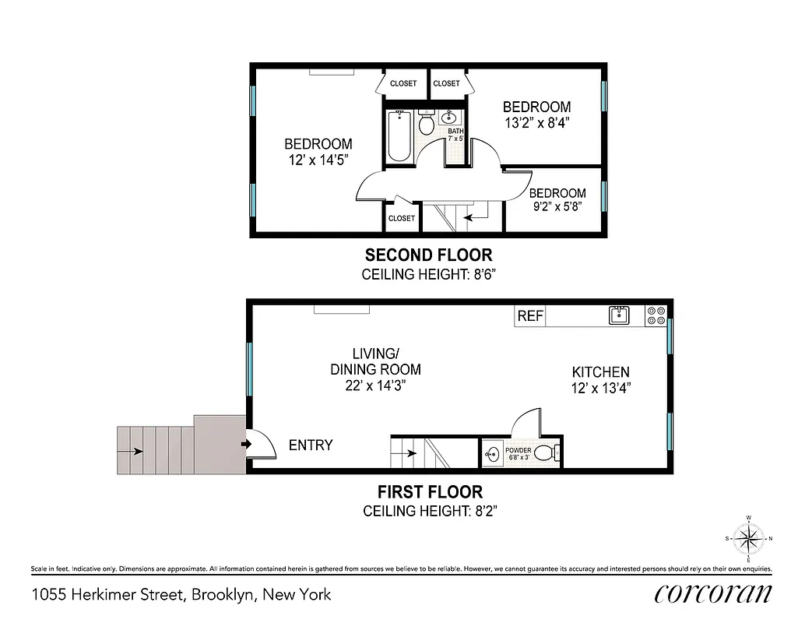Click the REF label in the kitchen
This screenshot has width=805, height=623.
530,316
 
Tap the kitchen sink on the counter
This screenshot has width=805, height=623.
619,315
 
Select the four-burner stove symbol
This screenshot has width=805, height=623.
656,315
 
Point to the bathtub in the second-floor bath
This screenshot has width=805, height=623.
399,136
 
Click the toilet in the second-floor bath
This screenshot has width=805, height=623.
426,124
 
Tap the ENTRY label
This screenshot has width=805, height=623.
311,445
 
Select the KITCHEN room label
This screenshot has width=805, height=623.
600,372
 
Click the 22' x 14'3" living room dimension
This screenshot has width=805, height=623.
375,385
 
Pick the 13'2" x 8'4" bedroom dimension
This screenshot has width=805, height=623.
536,122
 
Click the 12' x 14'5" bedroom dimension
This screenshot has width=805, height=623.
318,160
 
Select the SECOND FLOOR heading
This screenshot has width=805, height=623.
428,255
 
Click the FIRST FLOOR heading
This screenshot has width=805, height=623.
430,492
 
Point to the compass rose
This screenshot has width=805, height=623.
748,537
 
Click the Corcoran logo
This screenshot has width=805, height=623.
713,593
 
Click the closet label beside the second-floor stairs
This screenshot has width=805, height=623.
402,219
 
